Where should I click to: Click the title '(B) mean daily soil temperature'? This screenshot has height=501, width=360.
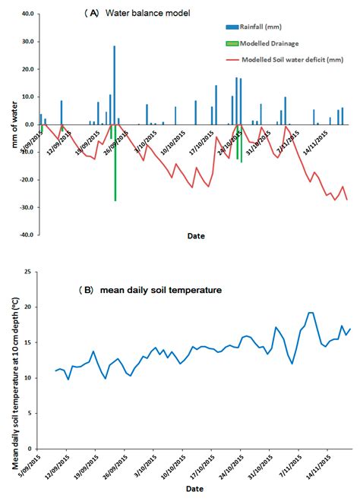click(151, 289)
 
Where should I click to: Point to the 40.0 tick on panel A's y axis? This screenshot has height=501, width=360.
click(27, 14)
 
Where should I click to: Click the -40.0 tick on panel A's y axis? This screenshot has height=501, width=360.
click(26, 235)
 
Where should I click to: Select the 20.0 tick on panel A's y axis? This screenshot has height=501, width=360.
click(27, 69)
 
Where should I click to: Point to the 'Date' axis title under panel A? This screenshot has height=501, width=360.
click(196, 236)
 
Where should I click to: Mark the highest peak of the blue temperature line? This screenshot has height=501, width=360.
click(310, 313)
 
